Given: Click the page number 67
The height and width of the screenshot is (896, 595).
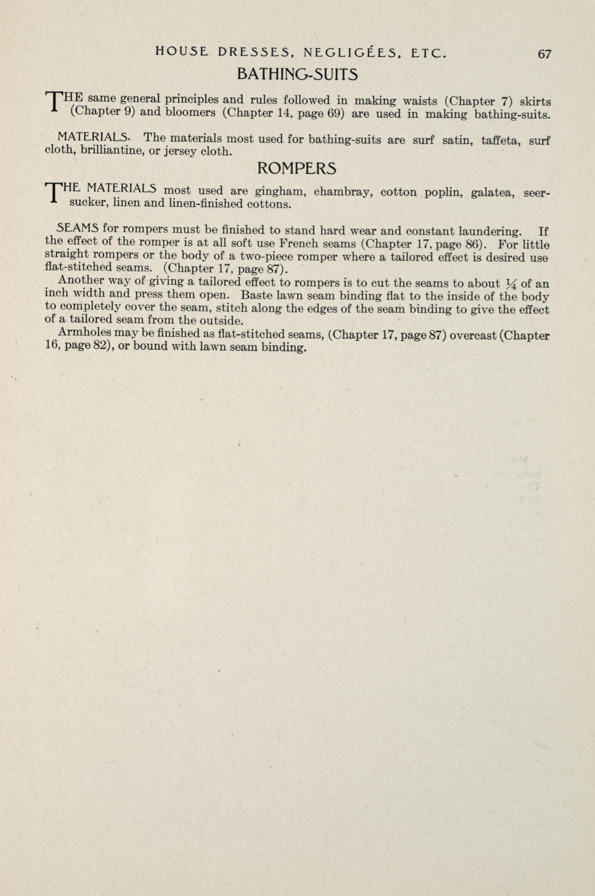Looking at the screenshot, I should pos(544,54).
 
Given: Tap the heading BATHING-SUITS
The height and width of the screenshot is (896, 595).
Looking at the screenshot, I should pos(297,75).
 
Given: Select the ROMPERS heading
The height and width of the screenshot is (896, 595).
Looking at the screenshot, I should pos(297,168).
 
